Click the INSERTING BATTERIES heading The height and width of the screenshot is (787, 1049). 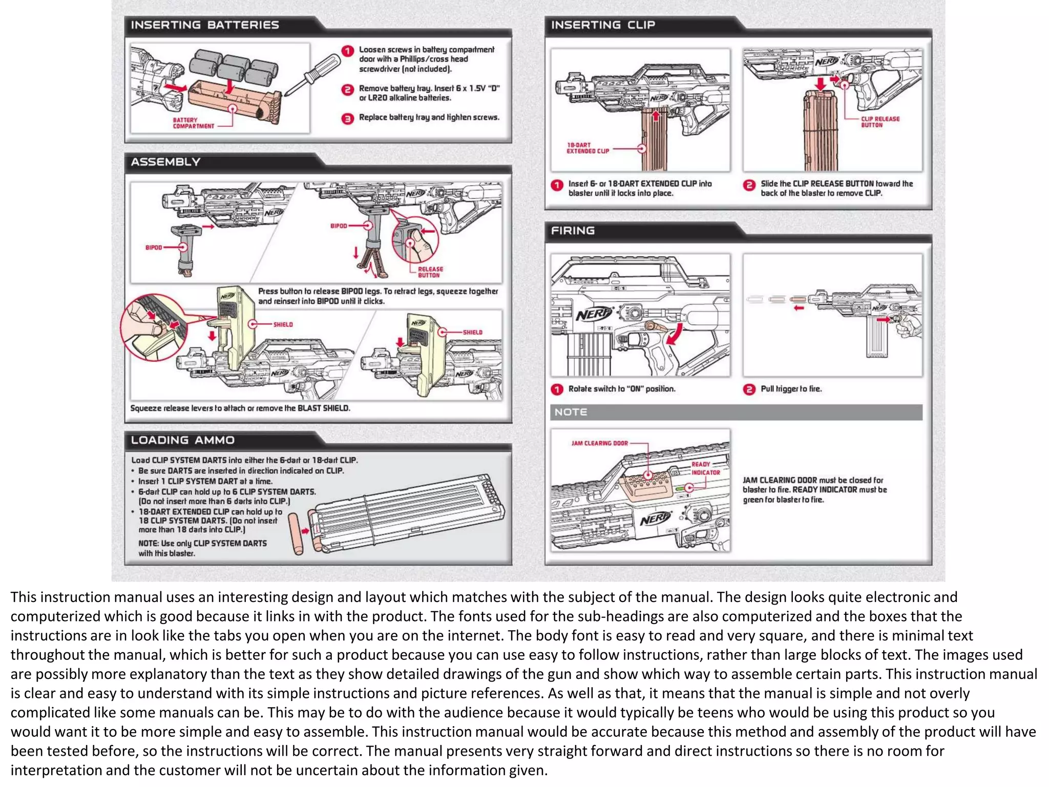(x=204, y=25)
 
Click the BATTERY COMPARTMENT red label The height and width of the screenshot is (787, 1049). (x=193, y=123)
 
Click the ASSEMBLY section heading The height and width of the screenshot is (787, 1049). (x=165, y=162)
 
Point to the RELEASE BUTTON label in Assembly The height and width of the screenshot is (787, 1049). (x=430, y=272)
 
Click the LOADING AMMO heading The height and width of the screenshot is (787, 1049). (x=182, y=440)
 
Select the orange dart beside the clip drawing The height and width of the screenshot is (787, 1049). (x=296, y=534)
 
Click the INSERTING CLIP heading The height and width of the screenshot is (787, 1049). (x=603, y=25)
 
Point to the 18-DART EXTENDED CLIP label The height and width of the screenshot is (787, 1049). (x=588, y=148)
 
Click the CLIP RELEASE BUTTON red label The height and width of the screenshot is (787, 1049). (x=879, y=122)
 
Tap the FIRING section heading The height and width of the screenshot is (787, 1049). (x=573, y=231)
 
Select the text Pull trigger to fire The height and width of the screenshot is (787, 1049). (x=791, y=389)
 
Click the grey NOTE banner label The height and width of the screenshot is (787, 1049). (x=571, y=412)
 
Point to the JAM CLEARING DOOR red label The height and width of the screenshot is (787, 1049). (x=599, y=443)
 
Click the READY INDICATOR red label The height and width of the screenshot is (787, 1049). (x=705, y=468)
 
